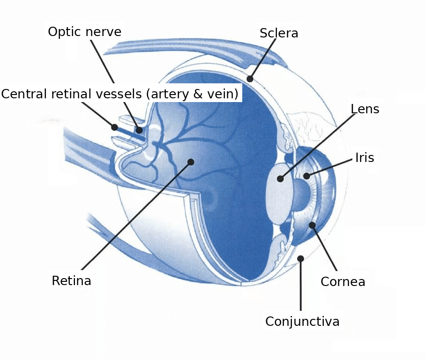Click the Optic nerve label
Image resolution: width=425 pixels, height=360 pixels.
click(84, 32)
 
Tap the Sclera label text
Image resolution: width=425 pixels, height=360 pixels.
click(279, 33)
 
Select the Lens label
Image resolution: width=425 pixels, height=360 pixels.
click(365, 109)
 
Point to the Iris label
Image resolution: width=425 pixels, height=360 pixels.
click(365, 157)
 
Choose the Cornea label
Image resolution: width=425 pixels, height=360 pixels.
click(343, 282)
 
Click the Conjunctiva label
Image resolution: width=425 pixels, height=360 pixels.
click(302, 322)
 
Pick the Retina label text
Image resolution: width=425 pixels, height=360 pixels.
click(71, 280)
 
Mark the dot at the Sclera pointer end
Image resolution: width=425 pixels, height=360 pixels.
click(250, 79)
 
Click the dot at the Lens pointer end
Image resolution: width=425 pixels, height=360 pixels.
click(281, 179)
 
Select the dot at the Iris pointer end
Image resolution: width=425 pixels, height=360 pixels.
click(306, 176)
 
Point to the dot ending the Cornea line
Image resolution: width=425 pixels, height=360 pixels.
click(312, 225)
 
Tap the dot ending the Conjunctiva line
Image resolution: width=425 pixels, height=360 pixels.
click(300, 259)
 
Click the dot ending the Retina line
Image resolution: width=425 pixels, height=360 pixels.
click(191, 162)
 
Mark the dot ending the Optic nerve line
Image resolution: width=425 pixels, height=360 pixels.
click(139, 130)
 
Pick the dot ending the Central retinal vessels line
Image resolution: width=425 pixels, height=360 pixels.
click(115, 127)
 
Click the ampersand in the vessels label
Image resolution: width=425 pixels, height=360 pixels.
click(198, 94)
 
